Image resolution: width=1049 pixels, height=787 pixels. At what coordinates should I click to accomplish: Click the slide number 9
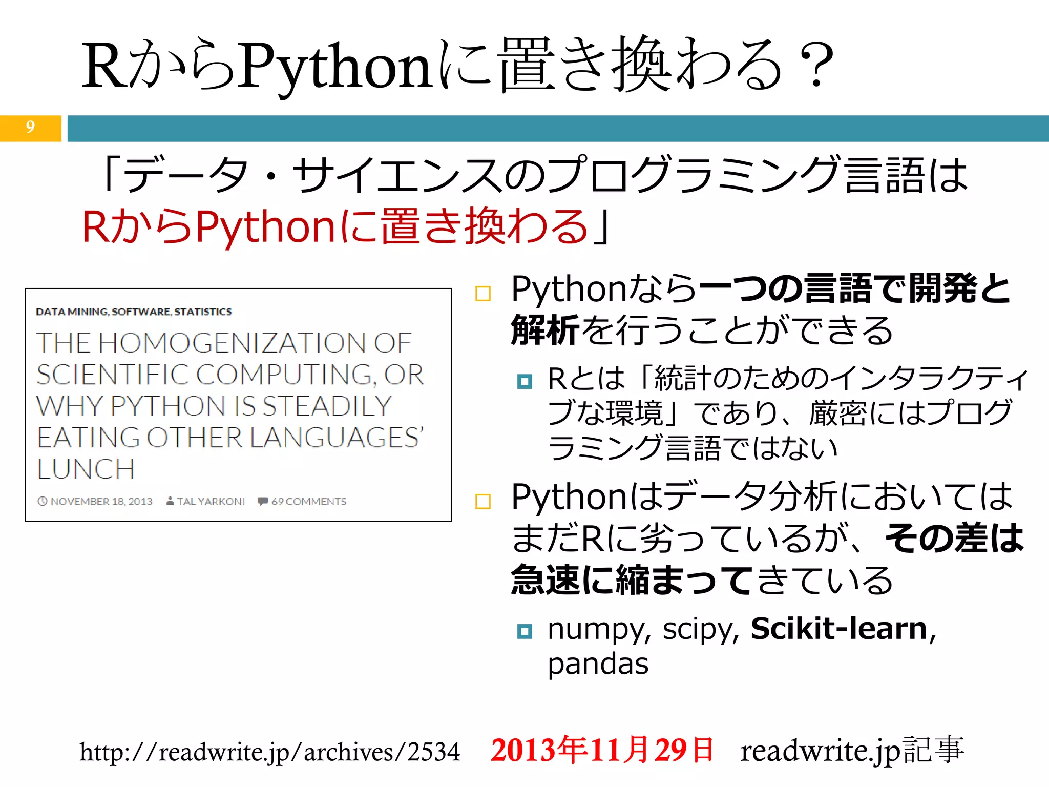click(30, 127)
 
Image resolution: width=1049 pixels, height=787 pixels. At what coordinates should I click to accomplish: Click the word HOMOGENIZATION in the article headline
click(232, 343)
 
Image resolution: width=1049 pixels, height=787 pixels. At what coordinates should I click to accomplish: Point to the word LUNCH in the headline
click(86, 469)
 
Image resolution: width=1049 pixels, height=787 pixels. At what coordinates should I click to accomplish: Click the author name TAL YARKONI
click(211, 502)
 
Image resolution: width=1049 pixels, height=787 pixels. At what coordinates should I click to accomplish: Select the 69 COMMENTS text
click(309, 502)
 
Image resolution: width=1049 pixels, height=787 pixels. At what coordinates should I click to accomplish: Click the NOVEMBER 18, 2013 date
click(101, 502)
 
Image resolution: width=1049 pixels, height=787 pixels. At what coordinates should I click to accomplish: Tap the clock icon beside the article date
click(43, 501)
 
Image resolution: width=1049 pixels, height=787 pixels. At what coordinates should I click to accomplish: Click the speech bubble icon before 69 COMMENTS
click(263, 501)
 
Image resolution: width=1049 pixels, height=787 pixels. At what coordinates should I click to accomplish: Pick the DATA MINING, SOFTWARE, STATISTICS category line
click(134, 312)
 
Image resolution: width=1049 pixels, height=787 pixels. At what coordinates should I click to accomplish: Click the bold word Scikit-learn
click(839, 629)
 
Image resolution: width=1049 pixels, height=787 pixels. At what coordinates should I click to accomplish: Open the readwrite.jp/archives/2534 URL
click(269, 752)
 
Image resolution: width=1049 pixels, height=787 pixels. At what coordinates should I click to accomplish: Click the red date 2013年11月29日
click(602, 750)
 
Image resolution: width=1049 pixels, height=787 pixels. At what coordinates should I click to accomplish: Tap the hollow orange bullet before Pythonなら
click(483, 294)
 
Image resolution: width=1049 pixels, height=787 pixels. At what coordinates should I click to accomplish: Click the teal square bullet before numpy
click(524, 631)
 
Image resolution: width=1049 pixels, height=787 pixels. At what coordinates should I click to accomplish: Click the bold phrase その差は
click(954, 539)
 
